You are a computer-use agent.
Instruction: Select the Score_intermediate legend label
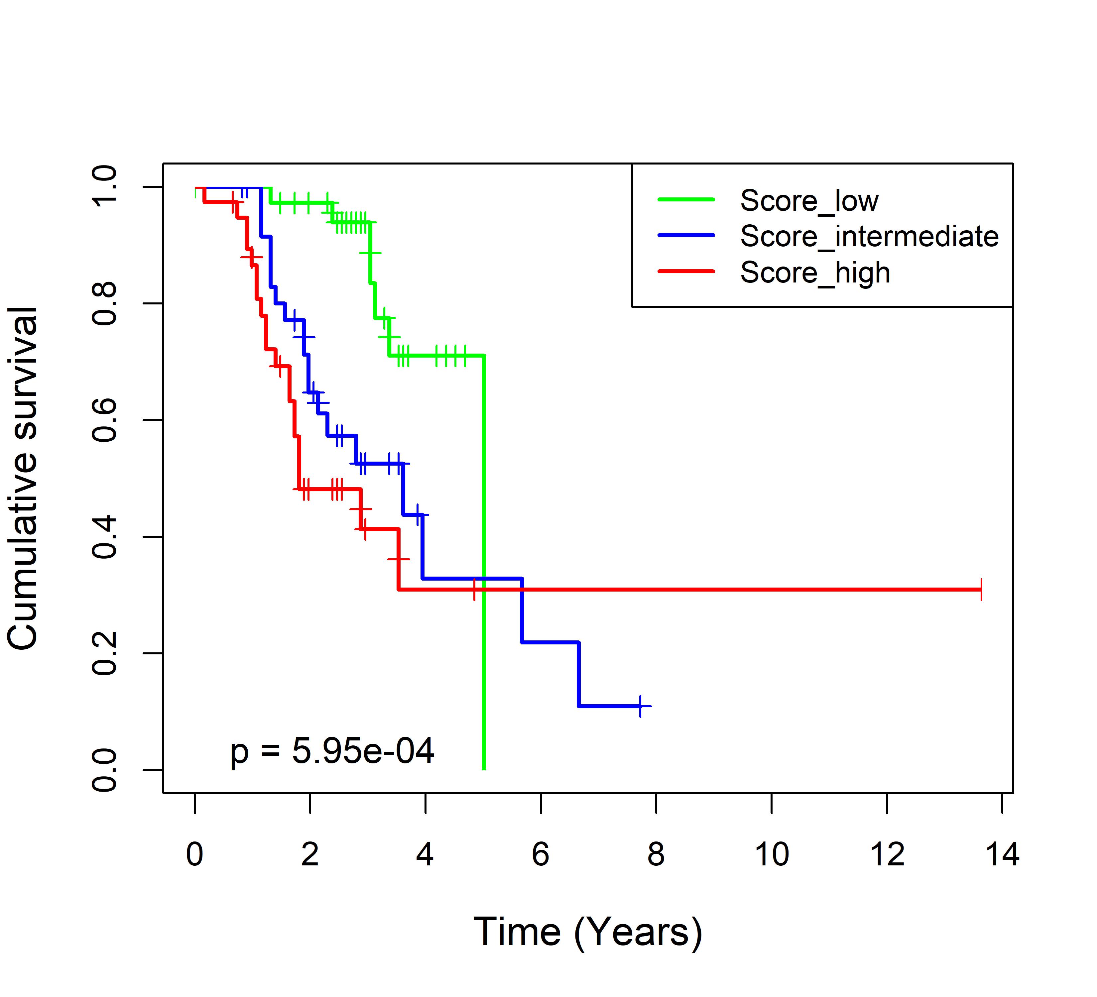point(869,237)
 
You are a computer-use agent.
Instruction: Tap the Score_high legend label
point(814,273)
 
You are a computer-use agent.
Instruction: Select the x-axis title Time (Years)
point(588,932)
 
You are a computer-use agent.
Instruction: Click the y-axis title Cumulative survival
point(23,478)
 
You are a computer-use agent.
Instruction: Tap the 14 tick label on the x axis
point(1002,854)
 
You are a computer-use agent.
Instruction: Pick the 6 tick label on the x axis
point(540,854)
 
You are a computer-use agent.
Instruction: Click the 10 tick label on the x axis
point(772,854)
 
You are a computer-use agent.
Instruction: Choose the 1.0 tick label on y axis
point(104,186)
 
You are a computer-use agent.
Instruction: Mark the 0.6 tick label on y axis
point(104,420)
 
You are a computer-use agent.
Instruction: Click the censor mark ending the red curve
point(981,590)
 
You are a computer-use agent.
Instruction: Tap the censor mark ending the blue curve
point(641,706)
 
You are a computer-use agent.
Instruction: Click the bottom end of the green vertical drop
point(484,769)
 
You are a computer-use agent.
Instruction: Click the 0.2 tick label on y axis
point(104,653)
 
